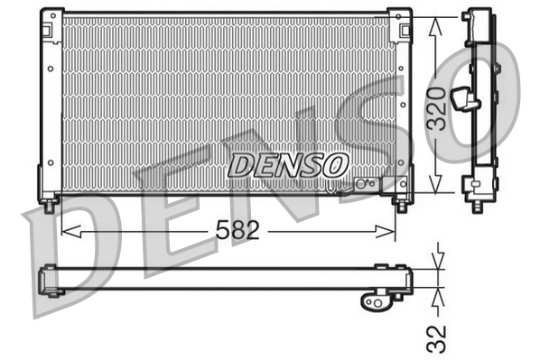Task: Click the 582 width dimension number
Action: point(237,231)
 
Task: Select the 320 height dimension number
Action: point(437,108)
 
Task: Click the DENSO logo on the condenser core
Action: point(287,164)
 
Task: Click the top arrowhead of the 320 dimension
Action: point(436,23)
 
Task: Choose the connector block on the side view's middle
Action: point(465,97)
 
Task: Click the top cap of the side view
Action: point(477,18)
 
